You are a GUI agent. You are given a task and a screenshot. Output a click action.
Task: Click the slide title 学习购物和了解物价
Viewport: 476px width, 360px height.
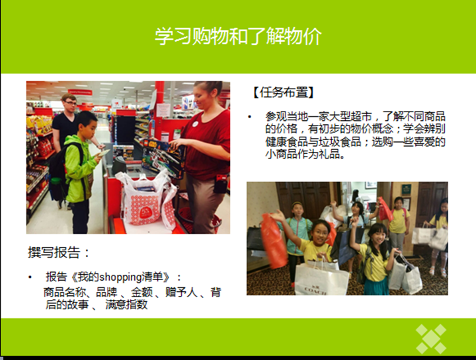tap(238, 36)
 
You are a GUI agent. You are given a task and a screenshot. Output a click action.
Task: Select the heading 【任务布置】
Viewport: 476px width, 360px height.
tap(283, 92)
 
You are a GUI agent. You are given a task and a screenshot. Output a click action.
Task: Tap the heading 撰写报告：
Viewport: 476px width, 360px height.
tap(59, 252)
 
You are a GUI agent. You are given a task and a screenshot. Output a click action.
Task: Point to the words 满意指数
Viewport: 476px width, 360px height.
tap(126, 305)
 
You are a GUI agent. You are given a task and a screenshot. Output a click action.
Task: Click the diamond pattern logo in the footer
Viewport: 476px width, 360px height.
tap(431, 339)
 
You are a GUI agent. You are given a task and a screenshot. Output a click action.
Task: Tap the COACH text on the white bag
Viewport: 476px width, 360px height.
tap(315, 291)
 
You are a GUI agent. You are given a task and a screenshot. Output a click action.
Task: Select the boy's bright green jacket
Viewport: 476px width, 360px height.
tap(78, 168)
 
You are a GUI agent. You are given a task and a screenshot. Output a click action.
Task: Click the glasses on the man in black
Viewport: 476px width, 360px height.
tap(71, 103)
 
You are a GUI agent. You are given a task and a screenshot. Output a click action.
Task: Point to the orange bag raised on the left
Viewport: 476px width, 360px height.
tap(274, 240)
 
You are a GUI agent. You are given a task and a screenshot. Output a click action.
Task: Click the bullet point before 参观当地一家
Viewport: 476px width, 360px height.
tap(249, 117)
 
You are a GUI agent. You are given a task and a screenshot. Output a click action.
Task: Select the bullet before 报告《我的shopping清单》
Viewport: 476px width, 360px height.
tap(30, 277)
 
